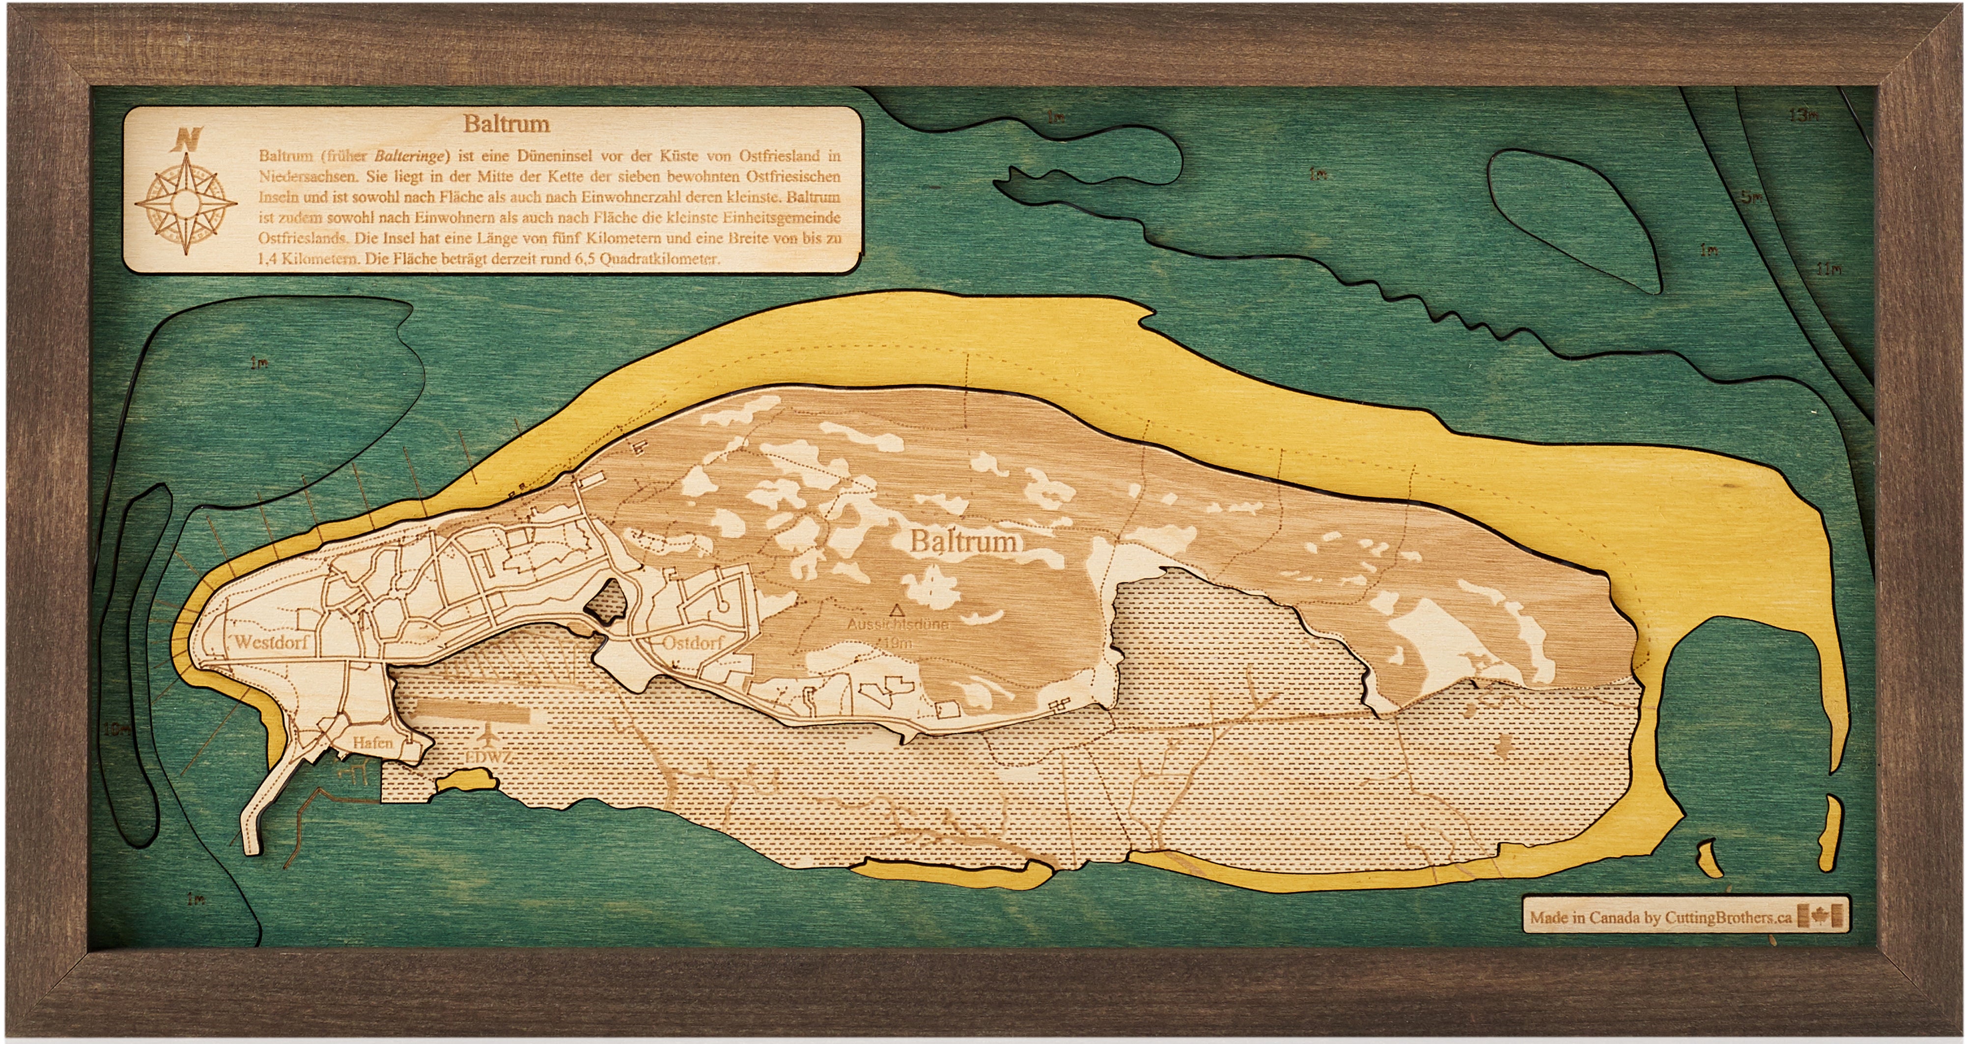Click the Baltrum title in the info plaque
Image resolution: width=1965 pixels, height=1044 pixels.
506,124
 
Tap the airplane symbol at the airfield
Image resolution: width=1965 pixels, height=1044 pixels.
487,736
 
